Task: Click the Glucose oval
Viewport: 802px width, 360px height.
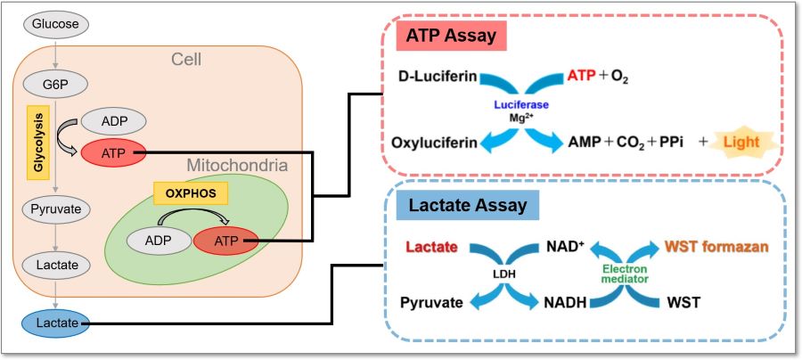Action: pyautogui.click(x=55, y=23)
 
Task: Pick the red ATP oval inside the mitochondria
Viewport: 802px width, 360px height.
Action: pyautogui.click(x=225, y=241)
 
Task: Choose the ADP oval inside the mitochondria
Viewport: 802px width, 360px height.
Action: pyautogui.click(x=158, y=241)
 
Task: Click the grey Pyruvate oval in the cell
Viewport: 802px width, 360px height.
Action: pyautogui.click(x=55, y=209)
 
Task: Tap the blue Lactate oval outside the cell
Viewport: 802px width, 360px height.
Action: pyautogui.click(x=55, y=323)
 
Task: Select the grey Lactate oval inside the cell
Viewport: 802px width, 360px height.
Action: pyautogui.click(x=55, y=266)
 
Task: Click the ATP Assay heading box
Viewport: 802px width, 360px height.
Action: pyautogui.click(x=451, y=37)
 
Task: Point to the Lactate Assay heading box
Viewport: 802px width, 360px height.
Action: pyautogui.click(x=468, y=206)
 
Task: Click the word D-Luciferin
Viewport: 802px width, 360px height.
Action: pyautogui.click(x=438, y=78)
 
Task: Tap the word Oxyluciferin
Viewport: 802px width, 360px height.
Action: pyautogui.click(x=435, y=143)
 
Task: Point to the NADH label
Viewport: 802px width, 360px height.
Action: pyautogui.click(x=565, y=303)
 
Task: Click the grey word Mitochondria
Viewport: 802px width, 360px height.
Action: pyautogui.click(x=237, y=166)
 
